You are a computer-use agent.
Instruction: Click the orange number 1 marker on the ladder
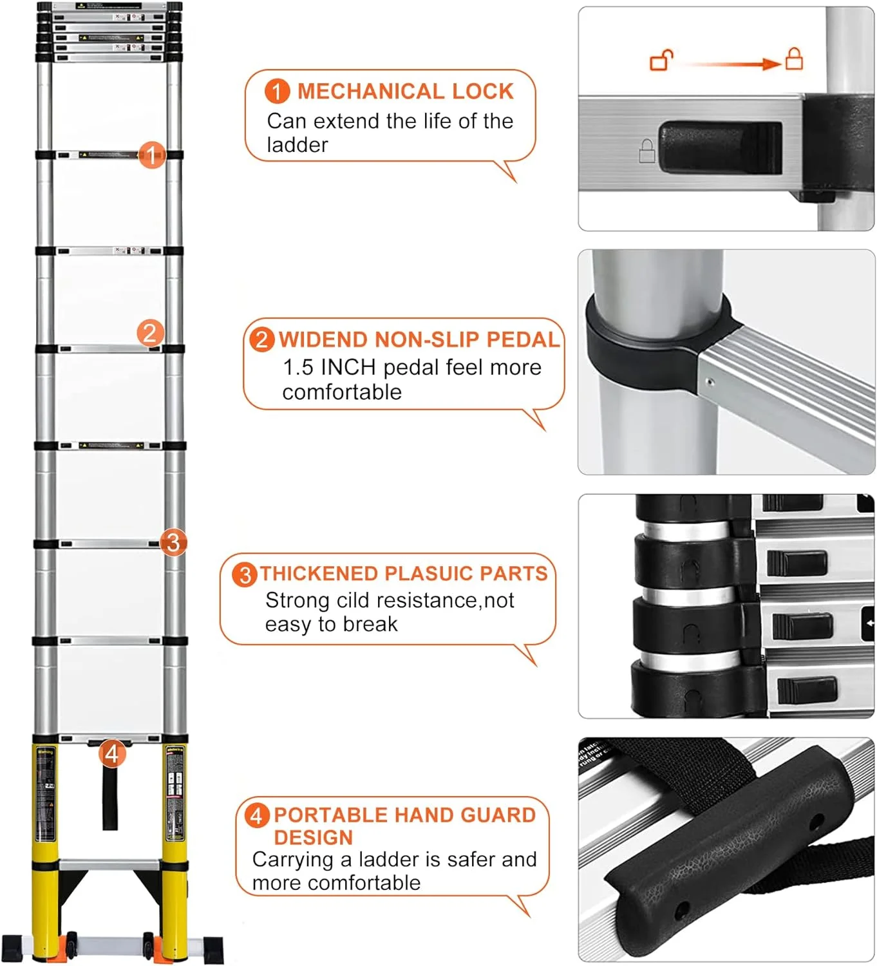152,155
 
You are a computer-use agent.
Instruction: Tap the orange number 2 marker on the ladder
150,333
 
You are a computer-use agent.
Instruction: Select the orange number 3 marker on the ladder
173,542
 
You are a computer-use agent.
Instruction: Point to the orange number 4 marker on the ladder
112,753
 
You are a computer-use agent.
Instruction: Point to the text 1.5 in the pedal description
298,367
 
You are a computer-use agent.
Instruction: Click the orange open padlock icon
661,61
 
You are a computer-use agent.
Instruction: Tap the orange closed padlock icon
794,59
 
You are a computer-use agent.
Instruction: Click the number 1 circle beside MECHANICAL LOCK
277,91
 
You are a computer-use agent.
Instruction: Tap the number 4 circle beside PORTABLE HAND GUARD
256,816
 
